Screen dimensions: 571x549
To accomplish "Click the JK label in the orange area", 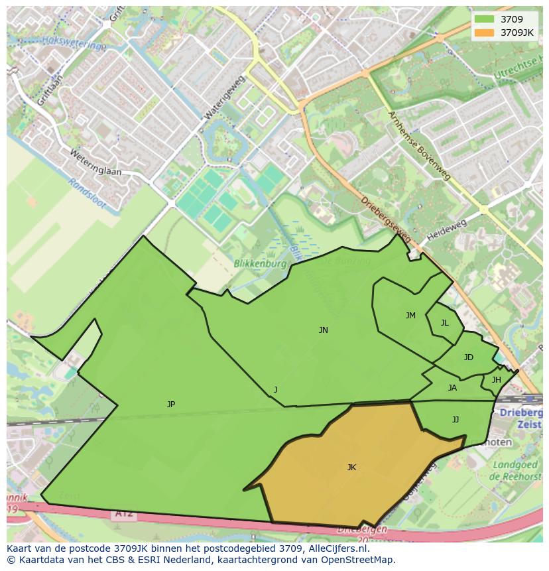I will (x=351, y=468).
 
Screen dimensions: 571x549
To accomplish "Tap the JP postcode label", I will (x=171, y=404).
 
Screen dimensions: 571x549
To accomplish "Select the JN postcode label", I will (x=323, y=330).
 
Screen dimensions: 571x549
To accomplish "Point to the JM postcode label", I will (x=410, y=316).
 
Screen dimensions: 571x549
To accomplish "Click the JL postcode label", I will (x=444, y=323).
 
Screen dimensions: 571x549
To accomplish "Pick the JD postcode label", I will (x=468, y=357).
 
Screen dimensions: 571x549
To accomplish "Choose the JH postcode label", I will (x=496, y=380).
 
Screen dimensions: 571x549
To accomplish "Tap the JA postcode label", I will (x=452, y=388).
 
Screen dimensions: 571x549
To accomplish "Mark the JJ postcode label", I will (x=456, y=419).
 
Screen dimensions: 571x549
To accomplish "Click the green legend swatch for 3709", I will (x=485, y=19).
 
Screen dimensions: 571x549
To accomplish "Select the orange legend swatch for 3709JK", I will (x=485, y=32).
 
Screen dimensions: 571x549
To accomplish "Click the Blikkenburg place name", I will (x=260, y=263).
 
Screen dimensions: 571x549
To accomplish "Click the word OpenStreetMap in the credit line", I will (x=359, y=560).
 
